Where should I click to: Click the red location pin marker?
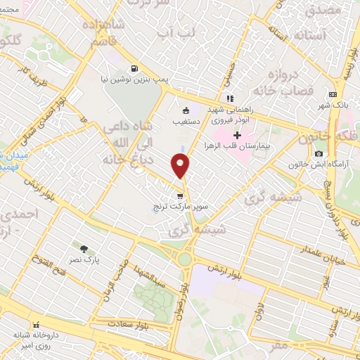click(181, 166)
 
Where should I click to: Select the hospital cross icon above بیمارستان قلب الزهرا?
click(237, 135)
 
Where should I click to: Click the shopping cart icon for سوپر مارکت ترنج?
click(181, 196)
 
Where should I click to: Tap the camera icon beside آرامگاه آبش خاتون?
click(319, 154)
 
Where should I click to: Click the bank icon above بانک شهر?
click(333, 95)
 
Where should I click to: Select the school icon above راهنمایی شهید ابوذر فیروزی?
click(229, 98)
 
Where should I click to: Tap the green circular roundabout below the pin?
click(184, 259)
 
